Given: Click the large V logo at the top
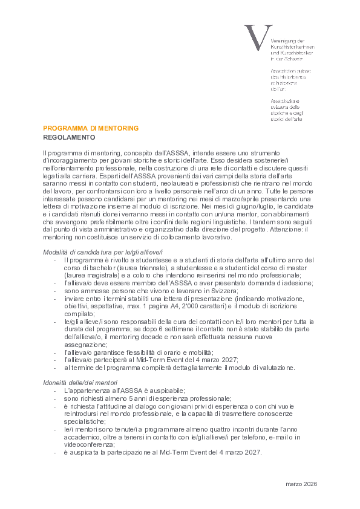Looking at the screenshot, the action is coord(254,37).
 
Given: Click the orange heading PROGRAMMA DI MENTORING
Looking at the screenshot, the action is coord(91,128).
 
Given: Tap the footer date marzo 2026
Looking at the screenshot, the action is coord(301,484).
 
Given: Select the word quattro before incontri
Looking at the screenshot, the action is coord(195,429).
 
